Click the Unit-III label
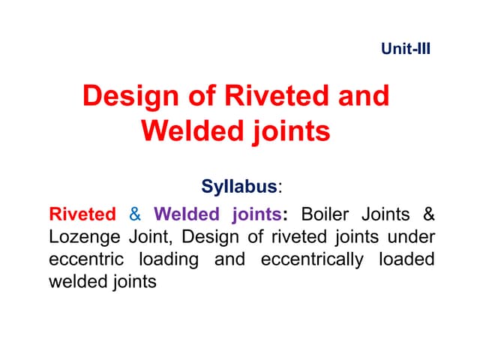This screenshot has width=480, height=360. pos(406,52)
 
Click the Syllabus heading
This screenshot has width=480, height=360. pos(238,185)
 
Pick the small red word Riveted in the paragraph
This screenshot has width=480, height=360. pos(82,214)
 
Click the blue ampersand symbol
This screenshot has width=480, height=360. pos(135,214)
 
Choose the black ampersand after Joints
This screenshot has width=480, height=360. pos(428,214)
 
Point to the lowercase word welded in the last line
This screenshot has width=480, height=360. pos(78,283)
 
